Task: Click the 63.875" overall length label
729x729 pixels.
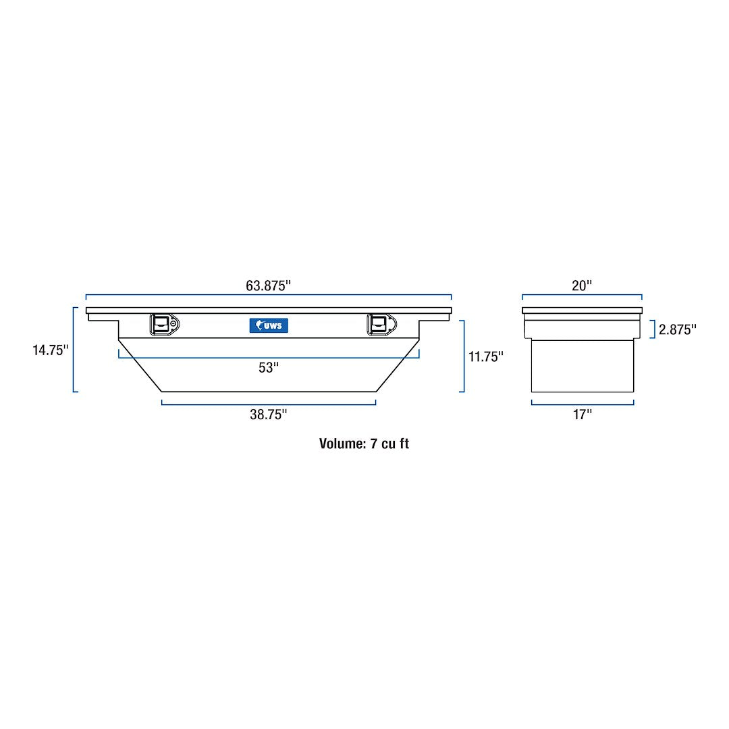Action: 268,285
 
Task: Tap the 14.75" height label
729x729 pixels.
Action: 51,350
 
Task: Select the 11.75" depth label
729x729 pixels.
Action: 486,356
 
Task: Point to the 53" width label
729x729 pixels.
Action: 268,368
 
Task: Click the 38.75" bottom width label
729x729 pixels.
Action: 268,414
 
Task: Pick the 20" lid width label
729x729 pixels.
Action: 581,285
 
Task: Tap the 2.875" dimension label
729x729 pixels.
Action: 678,329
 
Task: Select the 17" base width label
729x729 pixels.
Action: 582,414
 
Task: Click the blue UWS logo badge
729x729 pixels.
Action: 269,325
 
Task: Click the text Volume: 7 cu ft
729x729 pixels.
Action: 364,443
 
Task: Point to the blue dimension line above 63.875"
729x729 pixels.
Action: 268,295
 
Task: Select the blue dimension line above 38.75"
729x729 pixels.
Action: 268,404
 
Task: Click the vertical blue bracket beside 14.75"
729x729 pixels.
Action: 74,350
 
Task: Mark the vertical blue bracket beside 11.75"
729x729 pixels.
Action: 464,356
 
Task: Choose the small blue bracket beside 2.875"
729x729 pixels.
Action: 653,329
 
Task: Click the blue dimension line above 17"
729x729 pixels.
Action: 582,404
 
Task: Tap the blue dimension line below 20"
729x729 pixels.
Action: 581,295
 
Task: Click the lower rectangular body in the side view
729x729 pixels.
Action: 582,366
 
